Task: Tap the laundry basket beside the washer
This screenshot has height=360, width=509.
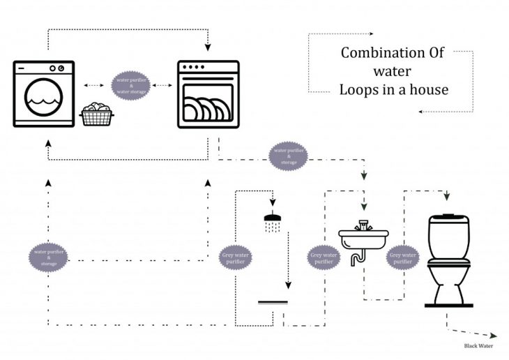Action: [96, 114]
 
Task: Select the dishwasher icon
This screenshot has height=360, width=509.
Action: [208, 94]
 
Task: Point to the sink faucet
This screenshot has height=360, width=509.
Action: [362, 225]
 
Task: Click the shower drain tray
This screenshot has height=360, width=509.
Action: [273, 303]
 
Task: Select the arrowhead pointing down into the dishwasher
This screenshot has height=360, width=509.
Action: [208, 48]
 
